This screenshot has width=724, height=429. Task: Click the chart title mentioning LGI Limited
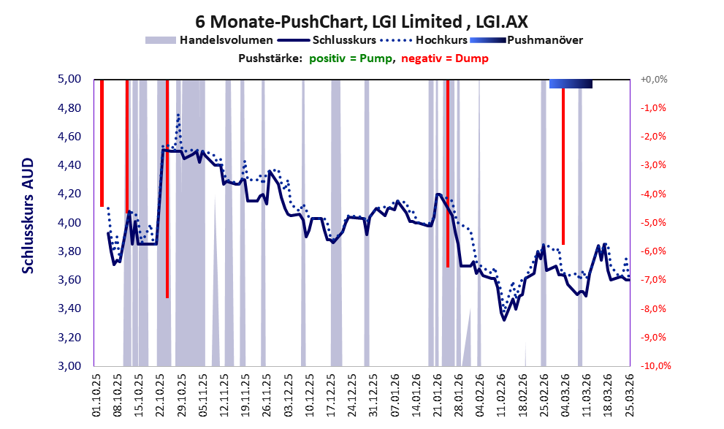coord(362,21)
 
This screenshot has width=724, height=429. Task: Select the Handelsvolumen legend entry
coord(209,40)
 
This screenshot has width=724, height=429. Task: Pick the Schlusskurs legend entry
coord(327,40)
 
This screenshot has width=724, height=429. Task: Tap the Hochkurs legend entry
coord(424,40)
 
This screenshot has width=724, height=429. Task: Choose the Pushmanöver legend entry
coord(526,40)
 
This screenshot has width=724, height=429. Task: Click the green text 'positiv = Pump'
coord(351,58)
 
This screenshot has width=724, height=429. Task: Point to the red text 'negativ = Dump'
coord(445,58)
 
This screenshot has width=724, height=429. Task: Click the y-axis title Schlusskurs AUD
coord(28,216)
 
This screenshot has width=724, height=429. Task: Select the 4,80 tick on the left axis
coord(69,108)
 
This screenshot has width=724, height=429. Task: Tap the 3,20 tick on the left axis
coord(69,337)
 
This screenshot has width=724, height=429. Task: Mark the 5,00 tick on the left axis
coord(69,79)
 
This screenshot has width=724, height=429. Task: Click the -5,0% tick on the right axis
coord(653,223)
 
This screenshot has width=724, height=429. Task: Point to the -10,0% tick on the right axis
coord(655,365)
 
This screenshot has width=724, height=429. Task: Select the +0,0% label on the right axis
coord(654,80)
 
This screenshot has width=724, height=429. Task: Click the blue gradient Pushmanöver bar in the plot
coord(571,83)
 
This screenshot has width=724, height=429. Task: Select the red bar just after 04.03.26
coord(563,166)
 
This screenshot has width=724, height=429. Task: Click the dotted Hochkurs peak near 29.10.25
coord(178,115)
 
